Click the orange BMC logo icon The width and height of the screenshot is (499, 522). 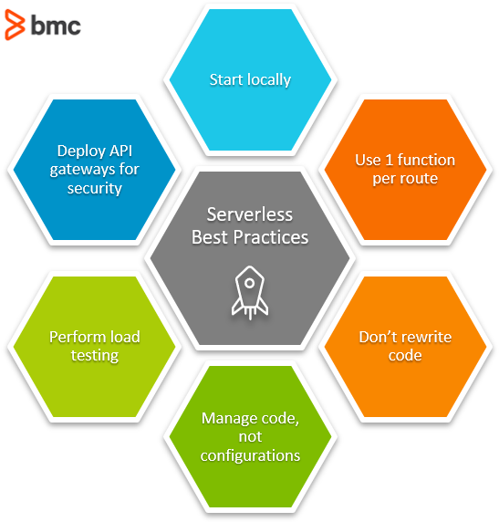click(15, 25)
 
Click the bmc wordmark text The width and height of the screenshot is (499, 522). click(56, 26)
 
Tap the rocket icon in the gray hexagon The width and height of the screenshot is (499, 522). click(250, 293)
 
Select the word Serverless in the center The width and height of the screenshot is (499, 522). click(250, 214)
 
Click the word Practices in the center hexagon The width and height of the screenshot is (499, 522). click(271, 237)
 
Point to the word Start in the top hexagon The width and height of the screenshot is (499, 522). click(226, 80)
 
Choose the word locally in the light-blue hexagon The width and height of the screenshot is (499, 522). click(269, 80)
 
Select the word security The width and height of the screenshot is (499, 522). click(95, 189)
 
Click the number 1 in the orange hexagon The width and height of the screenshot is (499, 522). click(389, 160)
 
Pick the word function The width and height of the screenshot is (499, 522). click(426, 160)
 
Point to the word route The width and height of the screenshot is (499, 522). click(421, 179)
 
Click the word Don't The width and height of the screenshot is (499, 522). click(378, 337)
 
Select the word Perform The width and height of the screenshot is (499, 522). click(70, 337)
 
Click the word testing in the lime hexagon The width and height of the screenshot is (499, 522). click(95, 356)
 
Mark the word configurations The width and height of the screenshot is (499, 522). click(250, 455)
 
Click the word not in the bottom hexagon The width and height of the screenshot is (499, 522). click(250, 437)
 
